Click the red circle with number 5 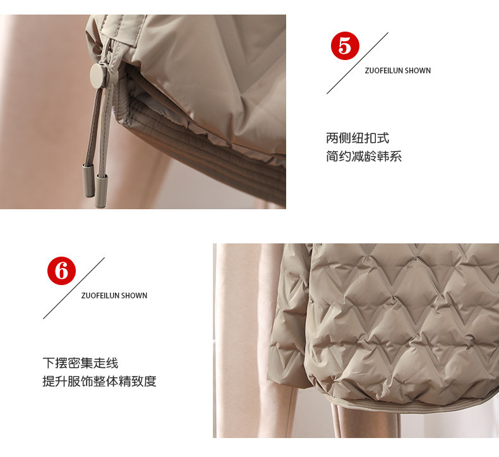pos(345,46)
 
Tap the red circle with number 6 pos(61,271)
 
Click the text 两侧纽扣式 pos(358,138)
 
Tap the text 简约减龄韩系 pos(364,156)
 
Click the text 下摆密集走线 pos(80,363)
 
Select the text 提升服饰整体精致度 pos(100,381)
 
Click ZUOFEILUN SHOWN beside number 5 pos(398,70)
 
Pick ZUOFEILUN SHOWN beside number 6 pos(114,296)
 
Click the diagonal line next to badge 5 pos(358,63)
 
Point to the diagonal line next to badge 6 pos(74,288)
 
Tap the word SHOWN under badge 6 pos(134,296)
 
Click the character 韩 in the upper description pos(383,156)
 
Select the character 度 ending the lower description pos(150,381)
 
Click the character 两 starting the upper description pos(332,138)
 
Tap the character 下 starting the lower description pos(49,363)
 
